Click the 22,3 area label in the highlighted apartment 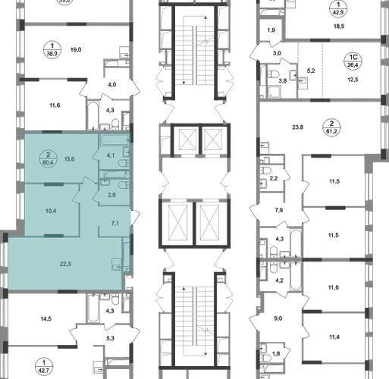[65, 264]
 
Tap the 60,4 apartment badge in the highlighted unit [49, 158]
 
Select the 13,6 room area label [69, 159]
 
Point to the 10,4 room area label [51, 211]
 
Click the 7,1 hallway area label [115, 223]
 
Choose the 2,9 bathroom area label [111, 195]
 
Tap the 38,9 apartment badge [52, 49]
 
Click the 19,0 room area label [76, 49]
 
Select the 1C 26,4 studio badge [353, 61]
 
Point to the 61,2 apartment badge [331, 127]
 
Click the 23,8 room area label [297, 127]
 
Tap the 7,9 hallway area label [279, 210]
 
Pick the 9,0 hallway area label [278, 318]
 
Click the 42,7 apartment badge [44, 367]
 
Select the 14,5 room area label [46, 319]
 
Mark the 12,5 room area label [353, 80]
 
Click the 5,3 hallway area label [110, 338]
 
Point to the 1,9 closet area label [271, 30]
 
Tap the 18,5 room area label [339, 26]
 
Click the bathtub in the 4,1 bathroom [115, 139]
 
